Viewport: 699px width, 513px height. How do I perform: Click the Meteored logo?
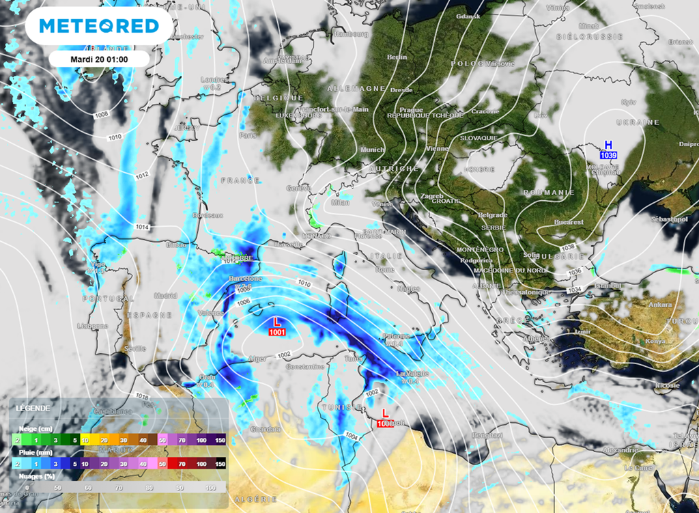(x=99, y=26)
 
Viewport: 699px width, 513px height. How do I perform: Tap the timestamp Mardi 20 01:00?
(x=100, y=59)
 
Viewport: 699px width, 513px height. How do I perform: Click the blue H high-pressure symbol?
(x=608, y=145)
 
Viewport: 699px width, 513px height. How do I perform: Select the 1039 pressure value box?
(x=608, y=156)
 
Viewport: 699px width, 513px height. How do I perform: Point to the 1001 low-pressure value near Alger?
(x=277, y=332)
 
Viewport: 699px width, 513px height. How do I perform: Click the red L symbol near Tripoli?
(x=385, y=413)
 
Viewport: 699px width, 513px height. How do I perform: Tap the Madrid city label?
(x=165, y=296)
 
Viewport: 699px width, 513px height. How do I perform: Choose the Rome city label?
(x=385, y=269)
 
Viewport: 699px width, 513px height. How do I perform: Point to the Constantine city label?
(x=304, y=367)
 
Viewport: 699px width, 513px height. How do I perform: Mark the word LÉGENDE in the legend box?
(x=33, y=408)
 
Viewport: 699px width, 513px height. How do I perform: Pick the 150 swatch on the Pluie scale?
(x=219, y=464)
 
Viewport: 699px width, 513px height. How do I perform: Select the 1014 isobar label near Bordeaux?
(x=143, y=226)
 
